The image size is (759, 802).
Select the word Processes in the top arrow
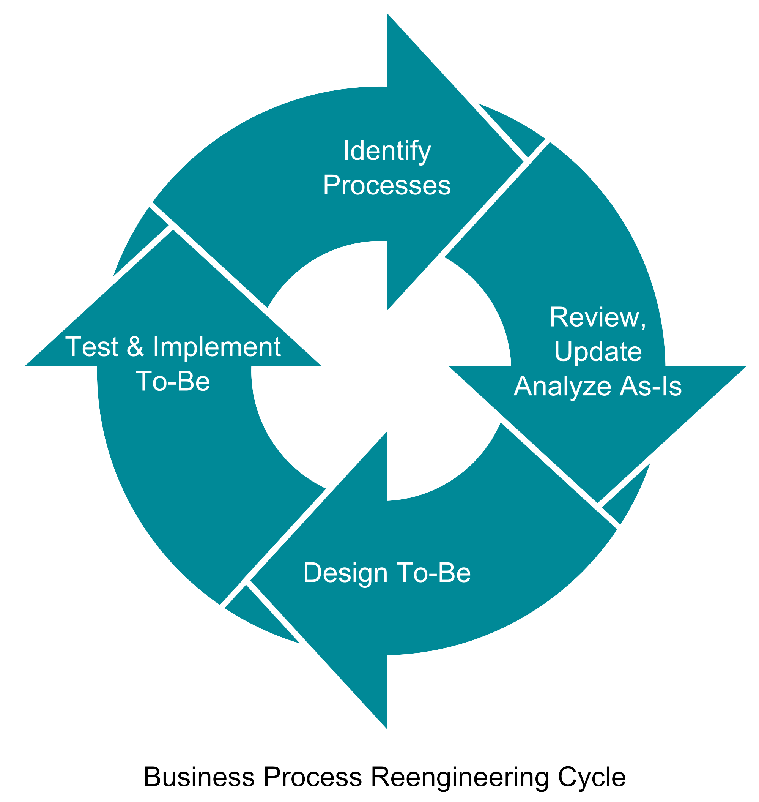point(387,186)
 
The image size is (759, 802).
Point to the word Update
point(598,351)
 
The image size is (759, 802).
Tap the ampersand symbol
point(135,347)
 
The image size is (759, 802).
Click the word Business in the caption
point(199,777)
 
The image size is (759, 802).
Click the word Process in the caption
point(312,777)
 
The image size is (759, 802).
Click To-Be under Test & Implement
point(173,381)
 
